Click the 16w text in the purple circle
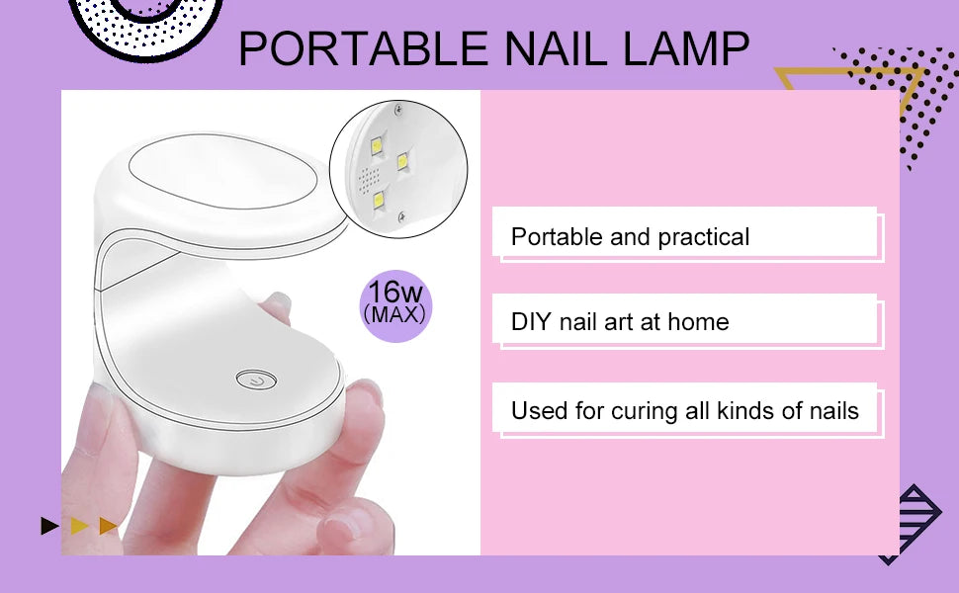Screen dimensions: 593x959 (395, 293)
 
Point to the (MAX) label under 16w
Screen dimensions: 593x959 (395, 315)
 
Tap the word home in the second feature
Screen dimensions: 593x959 (697, 321)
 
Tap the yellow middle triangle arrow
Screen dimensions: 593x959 (79, 526)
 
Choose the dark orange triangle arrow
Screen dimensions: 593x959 (109, 526)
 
